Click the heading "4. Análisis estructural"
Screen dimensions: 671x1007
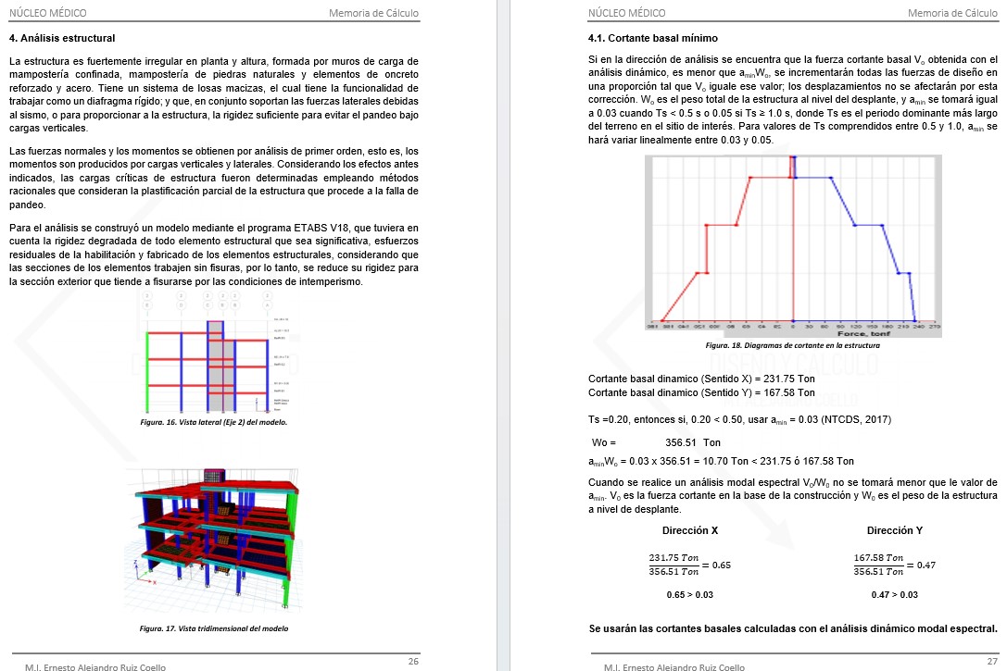(x=62, y=39)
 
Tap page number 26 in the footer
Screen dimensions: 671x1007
(x=413, y=661)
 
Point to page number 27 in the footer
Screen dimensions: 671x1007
(x=992, y=661)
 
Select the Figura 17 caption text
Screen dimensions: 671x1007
(x=214, y=628)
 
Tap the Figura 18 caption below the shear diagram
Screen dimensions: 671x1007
(x=792, y=345)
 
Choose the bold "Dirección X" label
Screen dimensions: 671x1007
(x=690, y=531)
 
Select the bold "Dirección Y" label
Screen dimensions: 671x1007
(x=895, y=531)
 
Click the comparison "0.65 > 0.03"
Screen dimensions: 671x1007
(x=690, y=595)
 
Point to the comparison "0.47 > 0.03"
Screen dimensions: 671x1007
(x=895, y=595)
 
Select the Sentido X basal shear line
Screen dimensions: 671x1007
(x=701, y=379)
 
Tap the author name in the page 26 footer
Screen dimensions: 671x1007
(x=89, y=666)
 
